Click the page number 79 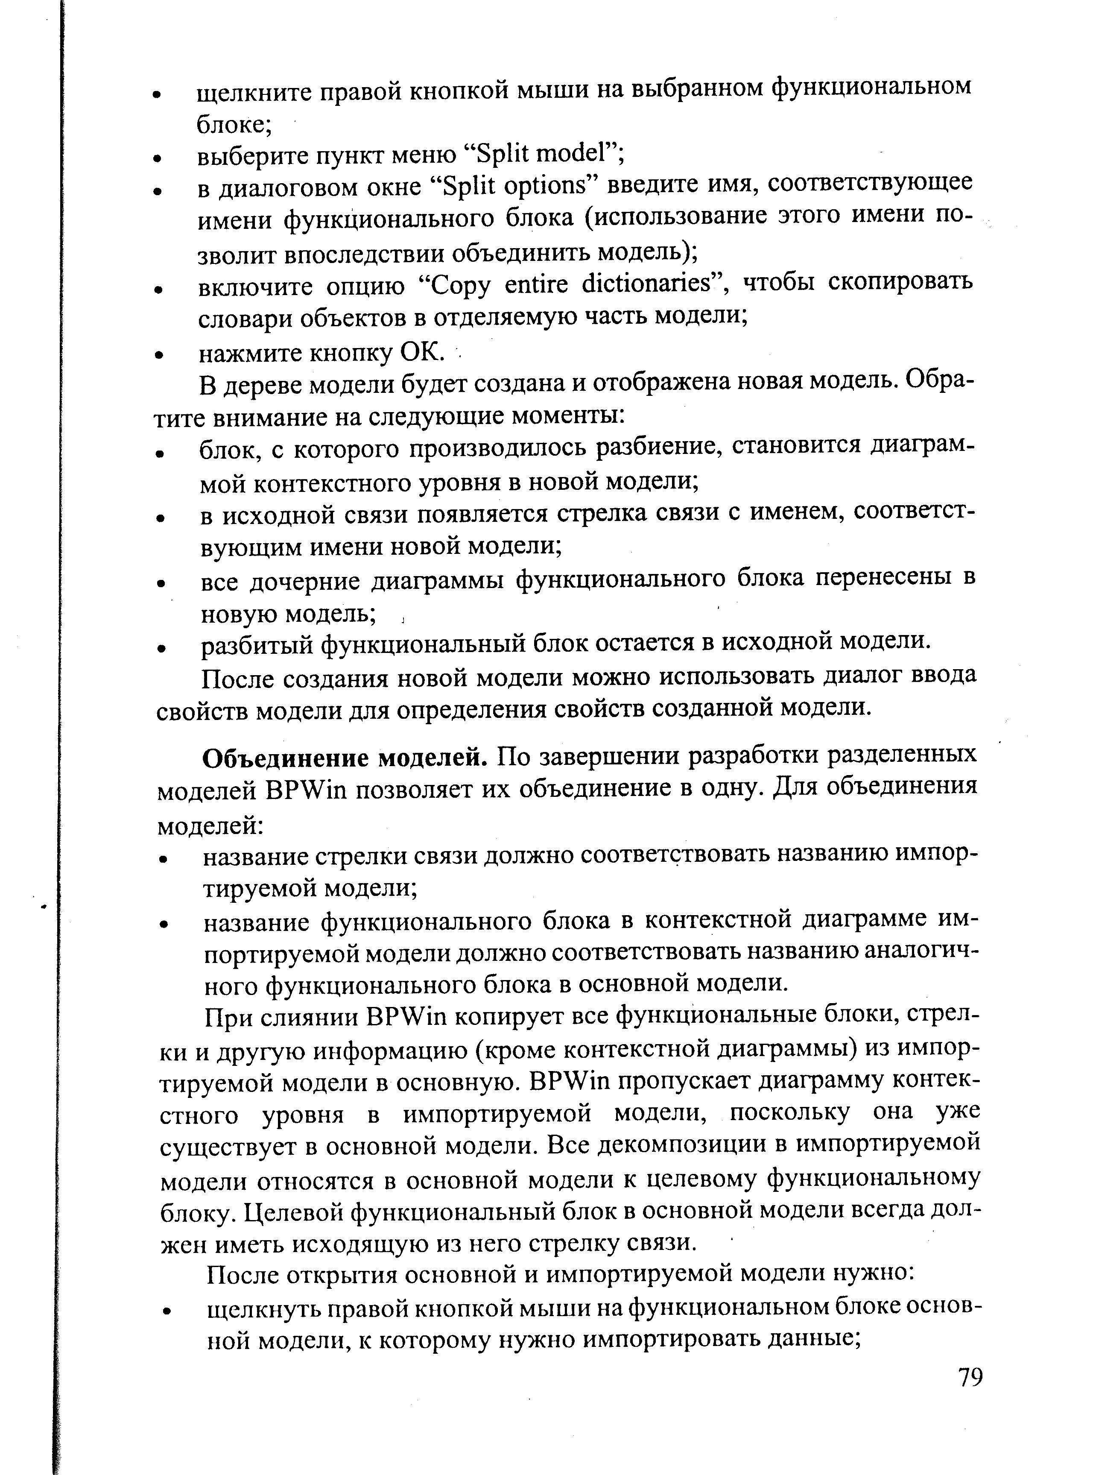point(970,1377)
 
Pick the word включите point(252,286)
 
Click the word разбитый point(255,643)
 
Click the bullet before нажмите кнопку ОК point(158,355)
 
